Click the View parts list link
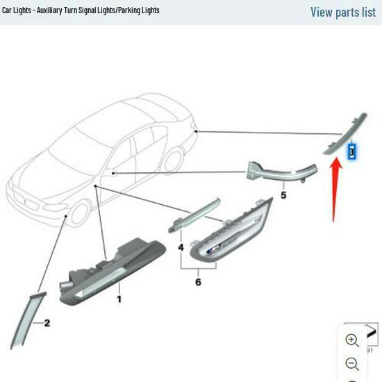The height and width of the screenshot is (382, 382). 342,12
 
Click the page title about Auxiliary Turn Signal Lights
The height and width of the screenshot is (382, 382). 81,10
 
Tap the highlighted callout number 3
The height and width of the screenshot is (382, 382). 353,151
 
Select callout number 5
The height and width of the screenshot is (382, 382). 283,195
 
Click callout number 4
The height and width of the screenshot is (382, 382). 181,247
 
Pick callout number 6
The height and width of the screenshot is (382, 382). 198,282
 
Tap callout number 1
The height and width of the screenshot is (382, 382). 119,299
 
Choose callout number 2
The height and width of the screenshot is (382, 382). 47,323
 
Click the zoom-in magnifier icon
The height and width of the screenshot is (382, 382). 352,340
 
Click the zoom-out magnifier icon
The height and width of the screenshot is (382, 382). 352,364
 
